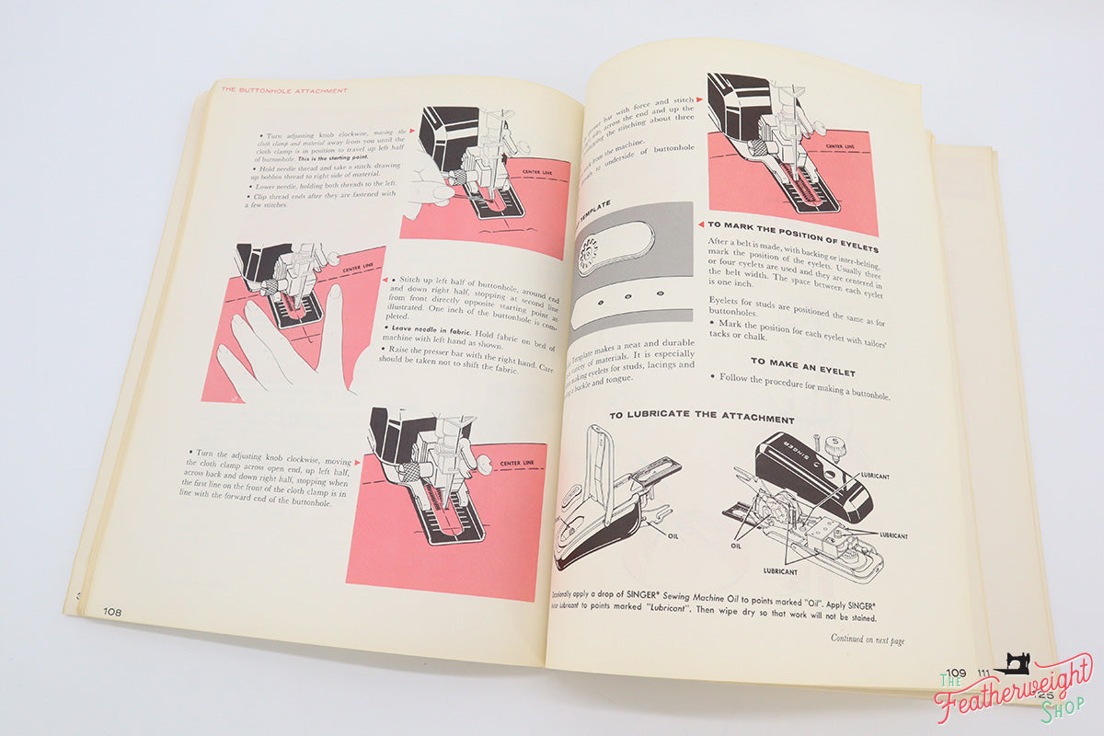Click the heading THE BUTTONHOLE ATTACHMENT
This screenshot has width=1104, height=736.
coord(283,90)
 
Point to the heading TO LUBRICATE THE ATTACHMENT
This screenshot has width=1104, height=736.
coord(701,417)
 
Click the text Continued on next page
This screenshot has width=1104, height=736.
coord(867,638)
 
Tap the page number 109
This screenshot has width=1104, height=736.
coord(956,673)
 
